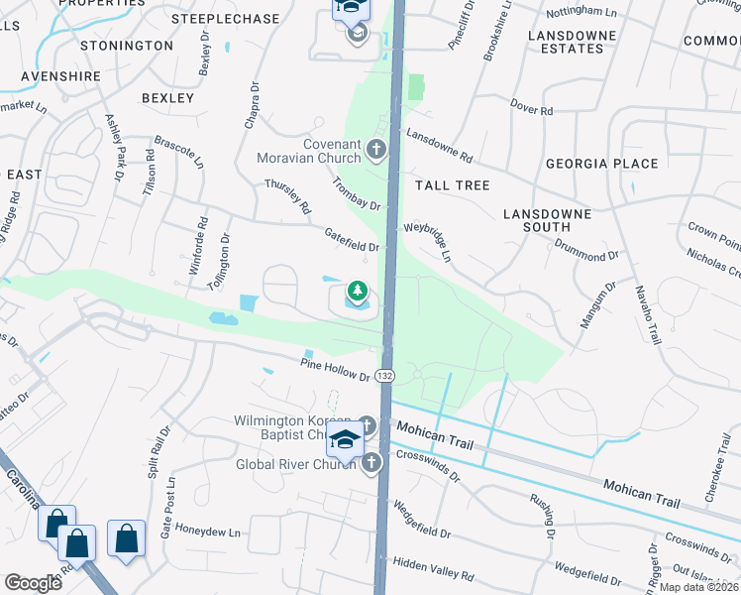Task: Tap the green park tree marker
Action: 356,292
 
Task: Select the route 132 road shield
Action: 385,376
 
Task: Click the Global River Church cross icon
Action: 371,463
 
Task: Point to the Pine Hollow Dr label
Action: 335,370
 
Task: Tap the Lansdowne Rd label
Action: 440,149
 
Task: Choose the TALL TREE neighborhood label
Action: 452,185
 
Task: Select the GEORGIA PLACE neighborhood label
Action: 601,164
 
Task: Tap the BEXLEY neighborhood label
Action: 167,98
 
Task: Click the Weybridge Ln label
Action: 427,241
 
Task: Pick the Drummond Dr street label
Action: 586,251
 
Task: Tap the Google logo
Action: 34,583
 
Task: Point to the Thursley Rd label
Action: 287,195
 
